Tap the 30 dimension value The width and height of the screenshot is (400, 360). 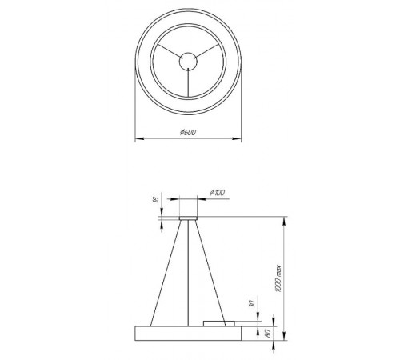coord(251,305)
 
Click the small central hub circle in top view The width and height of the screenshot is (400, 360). coord(188,59)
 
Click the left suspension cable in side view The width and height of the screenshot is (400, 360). coord(166,272)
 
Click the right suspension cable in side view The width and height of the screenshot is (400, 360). coord(210,272)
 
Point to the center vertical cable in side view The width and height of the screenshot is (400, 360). coord(188,272)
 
